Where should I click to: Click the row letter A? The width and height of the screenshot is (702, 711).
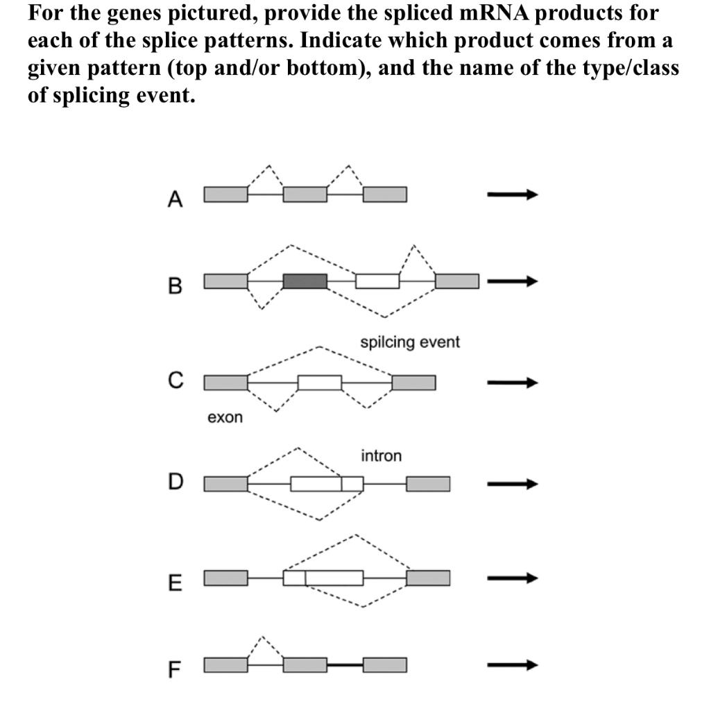click(175, 200)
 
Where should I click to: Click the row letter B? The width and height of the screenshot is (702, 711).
click(175, 285)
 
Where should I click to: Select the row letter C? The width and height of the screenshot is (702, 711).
click(176, 380)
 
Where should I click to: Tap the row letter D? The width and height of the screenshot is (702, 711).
click(176, 482)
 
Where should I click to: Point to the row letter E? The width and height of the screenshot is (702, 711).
click(175, 583)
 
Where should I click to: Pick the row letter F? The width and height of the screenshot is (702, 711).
click(175, 670)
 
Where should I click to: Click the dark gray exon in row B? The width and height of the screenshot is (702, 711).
click(305, 281)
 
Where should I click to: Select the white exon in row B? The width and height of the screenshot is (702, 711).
click(377, 281)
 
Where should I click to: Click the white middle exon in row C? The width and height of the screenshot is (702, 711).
click(319, 383)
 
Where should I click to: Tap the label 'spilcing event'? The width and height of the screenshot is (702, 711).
click(409, 342)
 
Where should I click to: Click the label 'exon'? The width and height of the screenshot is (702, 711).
click(225, 418)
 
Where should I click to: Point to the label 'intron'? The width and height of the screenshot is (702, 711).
click(381, 456)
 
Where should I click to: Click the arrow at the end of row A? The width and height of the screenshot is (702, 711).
click(512, 195)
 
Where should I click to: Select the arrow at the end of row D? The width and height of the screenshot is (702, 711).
click(512, 483)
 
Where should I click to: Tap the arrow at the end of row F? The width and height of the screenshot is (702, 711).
click(512, 665)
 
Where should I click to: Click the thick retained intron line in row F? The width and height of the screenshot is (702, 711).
click(345, 665)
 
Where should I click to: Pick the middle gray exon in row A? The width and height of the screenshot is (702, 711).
click(305, 194)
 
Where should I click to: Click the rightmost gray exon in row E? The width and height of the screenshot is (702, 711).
click(427, 578)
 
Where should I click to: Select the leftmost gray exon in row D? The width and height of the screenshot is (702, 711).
click(225, 483)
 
